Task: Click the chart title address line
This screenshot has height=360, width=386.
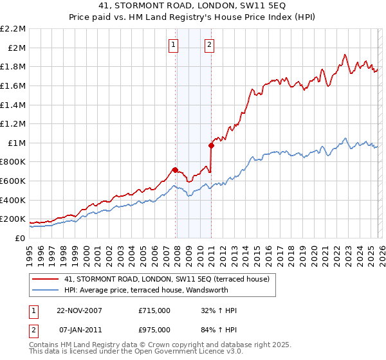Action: (193, 7)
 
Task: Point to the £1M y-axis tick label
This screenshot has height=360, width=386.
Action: (17, 143)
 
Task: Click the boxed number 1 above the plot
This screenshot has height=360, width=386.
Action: (174, 44)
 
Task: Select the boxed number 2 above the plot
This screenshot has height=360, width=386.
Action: (210, 44)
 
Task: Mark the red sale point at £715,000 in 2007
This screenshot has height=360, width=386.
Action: (175, 170)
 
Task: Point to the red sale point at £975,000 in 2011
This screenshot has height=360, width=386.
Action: (210, 145)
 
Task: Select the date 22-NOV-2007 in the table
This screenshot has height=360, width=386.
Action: (80, 310)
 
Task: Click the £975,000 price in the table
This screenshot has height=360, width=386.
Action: (154, 330)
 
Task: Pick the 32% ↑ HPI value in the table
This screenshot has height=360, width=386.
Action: (219, 310)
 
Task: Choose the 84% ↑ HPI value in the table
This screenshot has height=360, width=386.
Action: (219, 330)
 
